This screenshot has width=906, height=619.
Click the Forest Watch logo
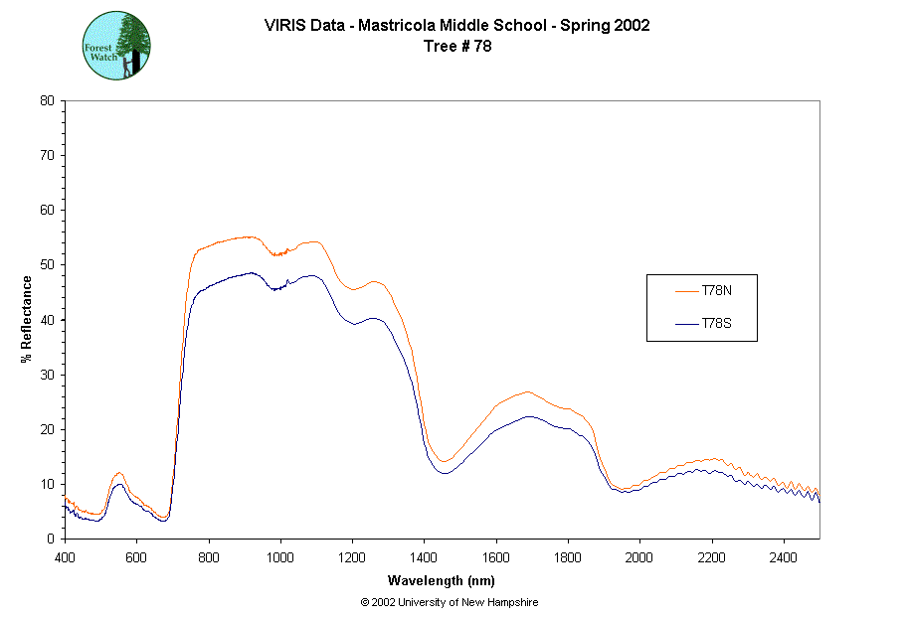[x=116, y=45]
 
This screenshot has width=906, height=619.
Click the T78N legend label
[x=717, y=290]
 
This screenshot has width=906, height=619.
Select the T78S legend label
[x=717, y=323]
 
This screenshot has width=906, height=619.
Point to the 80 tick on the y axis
[x=47, y=100]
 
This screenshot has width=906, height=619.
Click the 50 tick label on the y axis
[x=47, y=264]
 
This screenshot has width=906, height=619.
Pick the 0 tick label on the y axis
[x=50, y=539]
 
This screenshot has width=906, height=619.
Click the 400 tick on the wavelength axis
[x=65, y=557]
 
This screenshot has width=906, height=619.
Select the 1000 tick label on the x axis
[x=280, y=557]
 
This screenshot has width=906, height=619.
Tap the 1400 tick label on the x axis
[x=425, y=557]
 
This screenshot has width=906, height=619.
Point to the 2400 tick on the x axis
[x=784, y=557]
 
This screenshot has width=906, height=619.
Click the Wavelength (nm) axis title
[x=443, y=580]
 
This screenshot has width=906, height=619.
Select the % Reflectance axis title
[x=26, y=318]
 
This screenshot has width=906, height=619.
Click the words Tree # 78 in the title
[x=456, y=46]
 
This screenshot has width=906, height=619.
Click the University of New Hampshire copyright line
[x=450, y=602]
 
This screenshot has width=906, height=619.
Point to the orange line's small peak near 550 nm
[x=119, y=473]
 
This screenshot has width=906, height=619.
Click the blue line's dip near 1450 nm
[x=444, y=473]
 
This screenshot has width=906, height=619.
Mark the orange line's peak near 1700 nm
[x=527, y=391]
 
